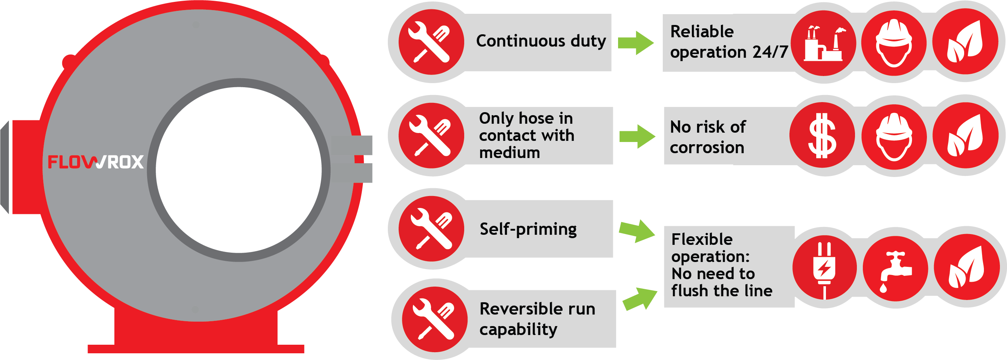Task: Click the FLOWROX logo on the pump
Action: tap(95, 162)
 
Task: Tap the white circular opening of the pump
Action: tap(238, 170)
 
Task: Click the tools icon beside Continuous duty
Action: tap(431, 42)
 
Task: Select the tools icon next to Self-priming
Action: tap(431, 229)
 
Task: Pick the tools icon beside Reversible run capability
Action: tap(434, 319)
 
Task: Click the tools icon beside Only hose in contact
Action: tap(431, 136)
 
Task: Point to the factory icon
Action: tap(823, 43)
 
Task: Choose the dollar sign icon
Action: tap(822, 136)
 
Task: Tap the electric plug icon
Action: tap(824, 268)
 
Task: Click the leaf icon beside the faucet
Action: tap(966, 267)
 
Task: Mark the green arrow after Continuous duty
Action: tap(636, 42)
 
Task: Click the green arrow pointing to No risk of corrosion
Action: tap(637, 136)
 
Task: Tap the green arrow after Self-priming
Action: tap(637, 231)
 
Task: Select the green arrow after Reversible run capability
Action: tap(640, 299)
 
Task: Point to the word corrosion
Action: tap(707, 148)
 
